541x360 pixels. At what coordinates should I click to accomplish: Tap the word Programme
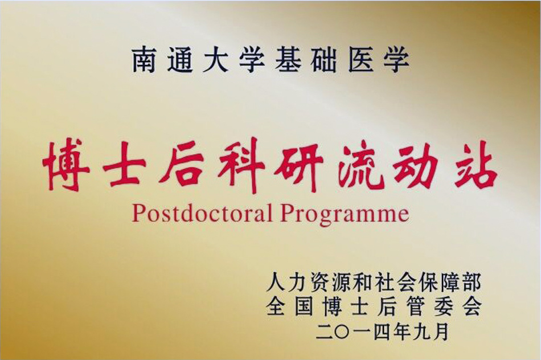(x=345, y=214)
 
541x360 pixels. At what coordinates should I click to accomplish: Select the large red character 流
(x=365, y=165)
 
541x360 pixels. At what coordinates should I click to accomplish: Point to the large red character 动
(x=416, y=165)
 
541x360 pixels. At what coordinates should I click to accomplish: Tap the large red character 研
(x=304, y=165)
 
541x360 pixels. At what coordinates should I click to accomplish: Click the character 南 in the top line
(x=144, y=61)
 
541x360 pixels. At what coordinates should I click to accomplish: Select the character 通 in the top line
(x=180, y=61)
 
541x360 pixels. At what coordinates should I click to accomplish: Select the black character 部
(x=470, y=283)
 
